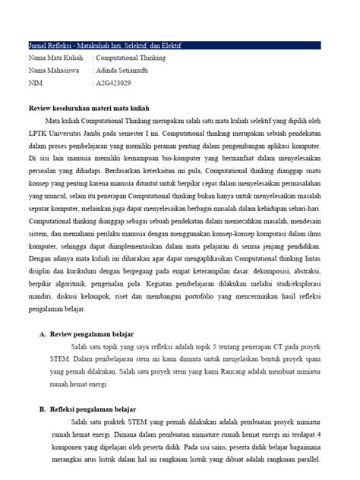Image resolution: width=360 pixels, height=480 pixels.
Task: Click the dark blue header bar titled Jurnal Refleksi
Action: tap(179, 46)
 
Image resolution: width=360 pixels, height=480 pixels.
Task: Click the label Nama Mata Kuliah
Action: tap(56, 58)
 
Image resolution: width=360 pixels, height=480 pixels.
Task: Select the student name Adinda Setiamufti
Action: tap(125, 70)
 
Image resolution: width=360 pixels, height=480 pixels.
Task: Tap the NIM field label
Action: tap(35, 82)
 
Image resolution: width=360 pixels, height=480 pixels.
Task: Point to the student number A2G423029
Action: tap(114, 82)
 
